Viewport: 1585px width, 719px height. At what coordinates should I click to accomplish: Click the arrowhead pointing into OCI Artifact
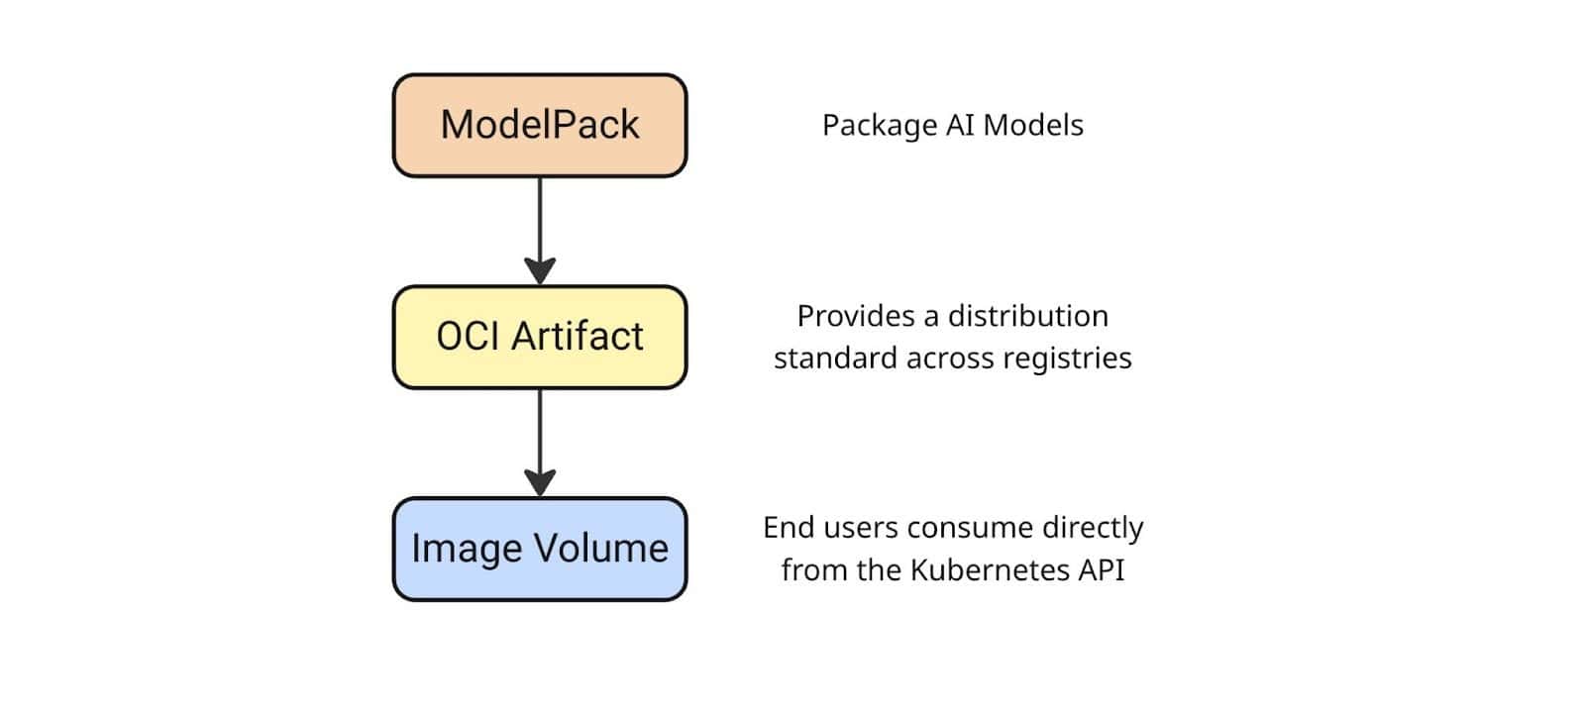tap(540, 270)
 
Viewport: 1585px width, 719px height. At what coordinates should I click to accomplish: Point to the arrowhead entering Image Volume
tap(540, 482)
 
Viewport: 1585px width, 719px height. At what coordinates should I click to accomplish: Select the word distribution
tap(1027, 316)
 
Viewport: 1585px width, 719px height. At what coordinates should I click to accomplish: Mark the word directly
tap(1092, 528)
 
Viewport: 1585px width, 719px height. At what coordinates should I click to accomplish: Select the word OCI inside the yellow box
tap(469, 337)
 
